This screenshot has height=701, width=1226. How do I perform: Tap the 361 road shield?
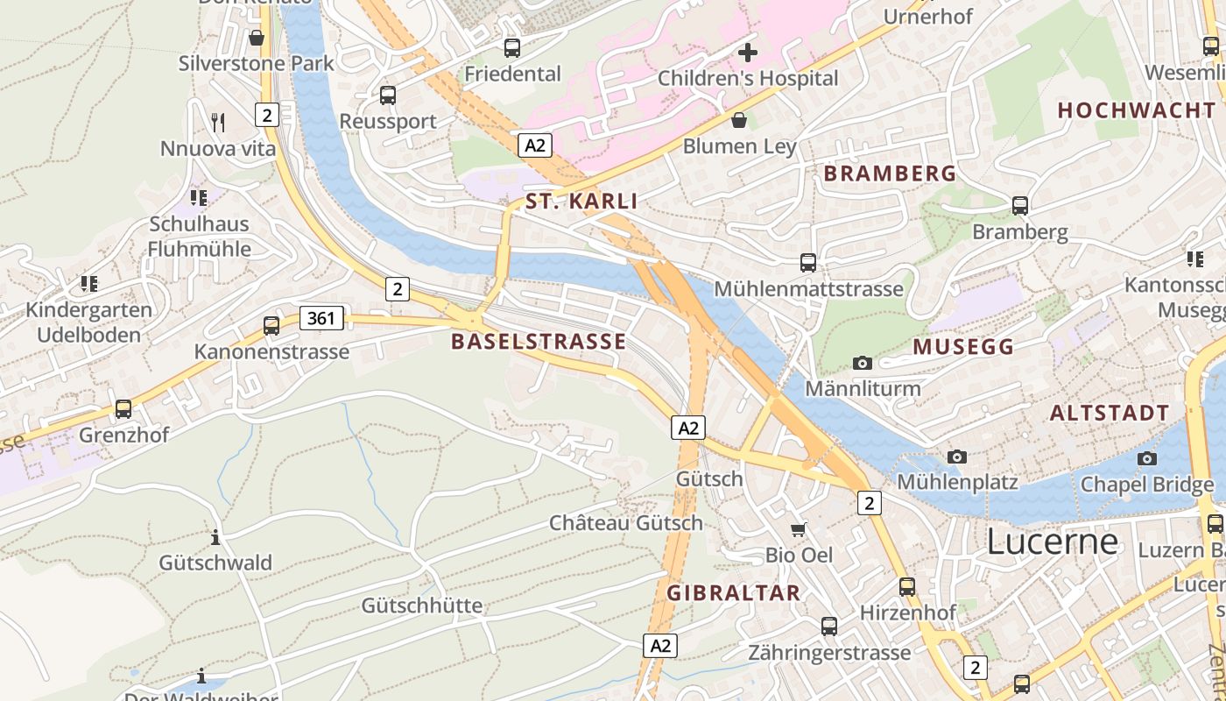click(x=321, y=318)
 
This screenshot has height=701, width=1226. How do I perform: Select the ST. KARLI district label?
click(x=581, y=202)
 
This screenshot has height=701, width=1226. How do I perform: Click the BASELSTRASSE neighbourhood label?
click(x=539, y=342)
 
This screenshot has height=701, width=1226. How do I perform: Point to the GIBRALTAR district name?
click(x=734, y=593)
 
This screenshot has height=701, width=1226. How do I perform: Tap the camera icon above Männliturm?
click(x=863, y=363)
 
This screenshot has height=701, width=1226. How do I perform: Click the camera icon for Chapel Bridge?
click(x=1146, y=458)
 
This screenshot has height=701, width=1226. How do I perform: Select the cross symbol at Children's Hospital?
click(x=748, y=53)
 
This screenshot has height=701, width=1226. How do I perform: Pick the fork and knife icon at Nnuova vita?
click(x=218, y=122)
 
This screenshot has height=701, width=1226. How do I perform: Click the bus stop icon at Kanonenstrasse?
click(x=271, y=326)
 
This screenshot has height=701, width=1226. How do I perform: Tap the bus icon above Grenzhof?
click(x=123, y=409)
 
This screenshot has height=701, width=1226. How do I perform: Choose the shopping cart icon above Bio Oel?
click(x=799, y=528)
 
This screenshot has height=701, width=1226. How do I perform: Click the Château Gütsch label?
click(x=625, y=523)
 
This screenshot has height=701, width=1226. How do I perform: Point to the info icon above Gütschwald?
click(x=215, y=536)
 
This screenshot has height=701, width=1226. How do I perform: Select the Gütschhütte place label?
click(x=422, y=605)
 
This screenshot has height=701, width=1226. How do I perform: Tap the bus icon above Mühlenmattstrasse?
click(x=808, y=262)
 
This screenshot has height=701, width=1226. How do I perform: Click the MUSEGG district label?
click(x=963, y=347)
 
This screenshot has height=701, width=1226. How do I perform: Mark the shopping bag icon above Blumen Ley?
click(x=739, y=119)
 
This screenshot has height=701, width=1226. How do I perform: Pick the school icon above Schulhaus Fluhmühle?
click(x=199, y=198)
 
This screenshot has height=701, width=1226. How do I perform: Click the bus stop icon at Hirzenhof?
click(x=907, y=586)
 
